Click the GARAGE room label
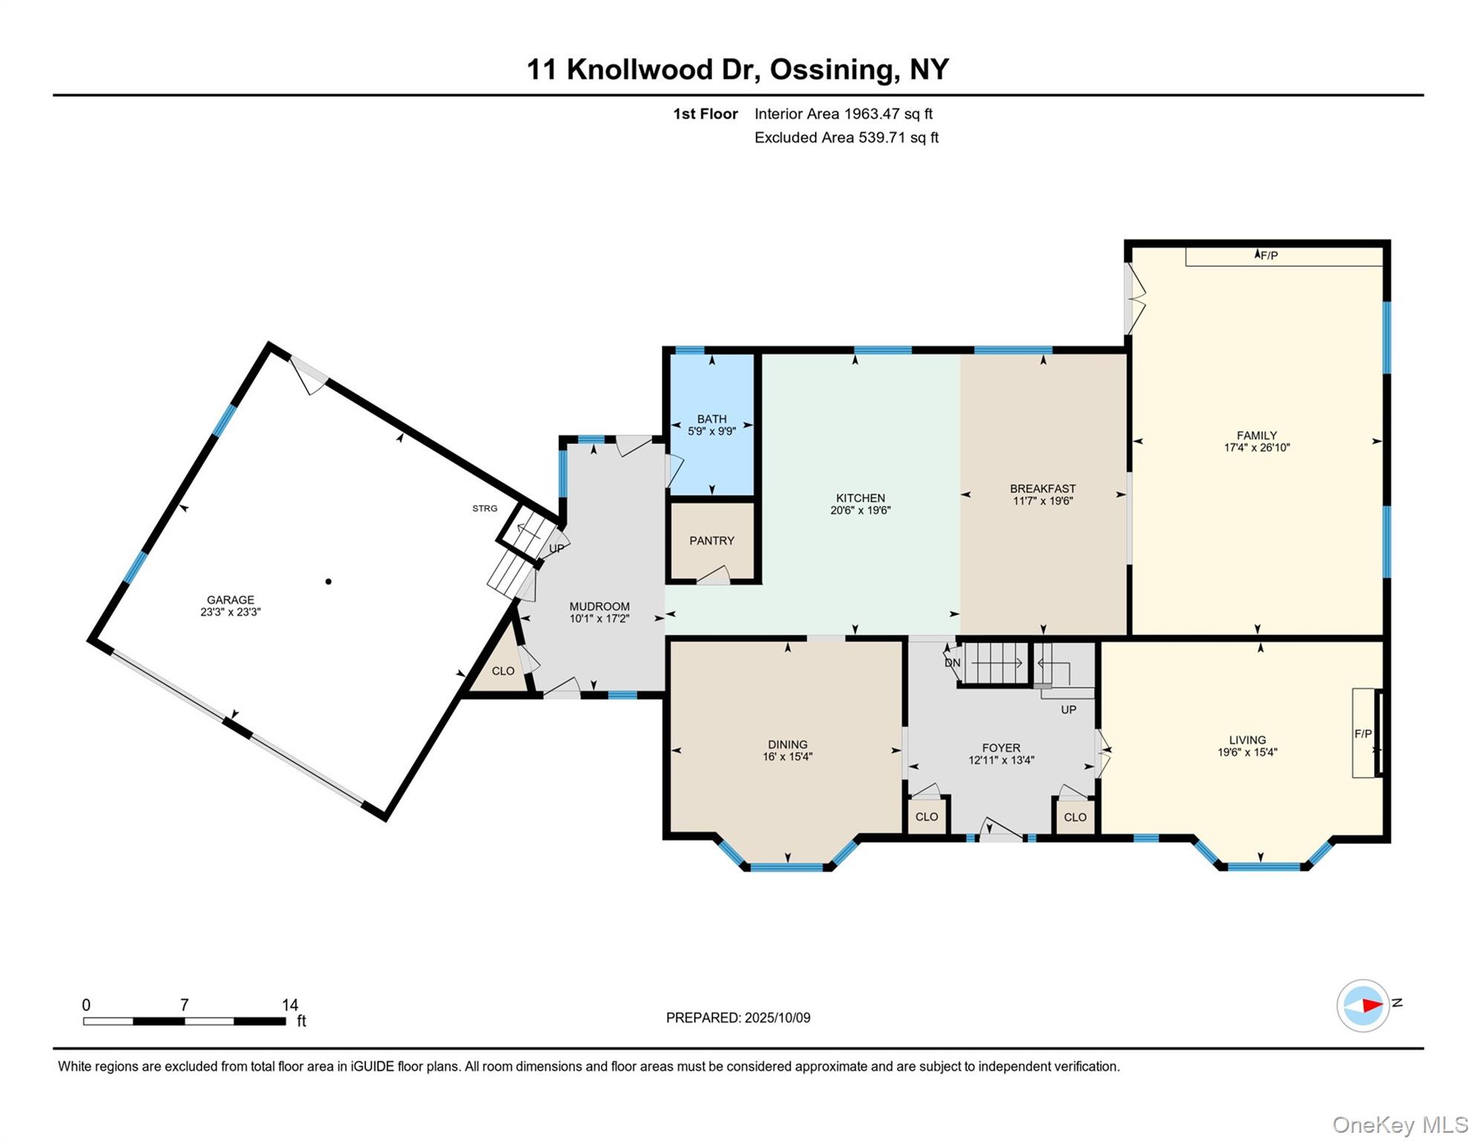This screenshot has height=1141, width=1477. [x=230, y=599]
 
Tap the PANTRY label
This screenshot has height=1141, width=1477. [x=711, y=541]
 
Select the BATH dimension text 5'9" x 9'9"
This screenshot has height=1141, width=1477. [x=711, y=432]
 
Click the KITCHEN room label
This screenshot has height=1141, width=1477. [x=860, y=498]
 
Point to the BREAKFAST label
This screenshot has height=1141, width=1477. [x=1042, y=488]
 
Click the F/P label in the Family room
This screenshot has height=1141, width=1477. [x=1269, y=256]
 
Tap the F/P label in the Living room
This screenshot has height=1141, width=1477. [x=1363, y=734]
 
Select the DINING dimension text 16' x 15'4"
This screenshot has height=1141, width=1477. [x=788, y=757]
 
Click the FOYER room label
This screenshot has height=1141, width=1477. [x=1001, y=748]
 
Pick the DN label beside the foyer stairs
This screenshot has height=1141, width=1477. [x=952, y=663]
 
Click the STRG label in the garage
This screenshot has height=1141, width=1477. [x=484, y=508]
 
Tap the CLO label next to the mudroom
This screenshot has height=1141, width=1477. [x=503, y=671]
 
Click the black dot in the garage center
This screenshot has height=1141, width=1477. [x=328, y=582]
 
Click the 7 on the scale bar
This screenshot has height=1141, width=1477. [x=184, y=1005]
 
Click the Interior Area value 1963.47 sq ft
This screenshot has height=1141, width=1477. [x=888, y=114]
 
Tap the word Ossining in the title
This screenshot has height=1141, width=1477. [x=831, y=69]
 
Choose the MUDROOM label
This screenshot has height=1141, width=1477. [x=599, y=606]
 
